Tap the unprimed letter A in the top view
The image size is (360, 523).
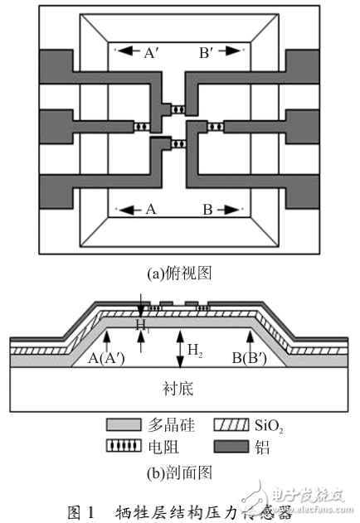coord(150,210)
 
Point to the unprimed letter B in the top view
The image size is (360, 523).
coord(208,210)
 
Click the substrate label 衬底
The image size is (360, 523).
coord(180,390)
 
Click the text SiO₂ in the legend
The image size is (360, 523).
coord(266,426)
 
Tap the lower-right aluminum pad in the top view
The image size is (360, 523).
coord(303,188)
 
